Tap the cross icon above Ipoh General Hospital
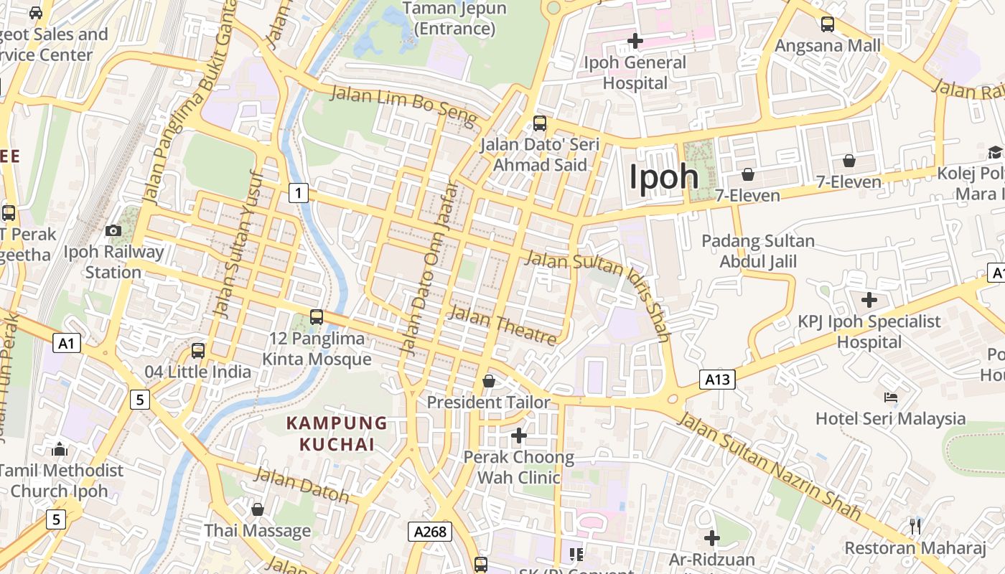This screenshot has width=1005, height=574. click(x=635, y=40)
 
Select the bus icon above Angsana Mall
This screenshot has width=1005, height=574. click(x=828, y=24)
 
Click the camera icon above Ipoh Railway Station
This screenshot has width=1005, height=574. click(x=113, y=230)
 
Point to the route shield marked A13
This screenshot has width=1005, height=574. click(x=717, y=380)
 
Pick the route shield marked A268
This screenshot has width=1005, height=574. click(x=431, y=532)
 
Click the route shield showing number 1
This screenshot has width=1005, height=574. click(x=299, y=192)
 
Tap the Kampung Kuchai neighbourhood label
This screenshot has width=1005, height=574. click(x=337, y=433)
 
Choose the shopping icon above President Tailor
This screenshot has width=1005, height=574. click(x=489, y=381)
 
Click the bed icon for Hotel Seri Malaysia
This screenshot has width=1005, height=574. click(x=891, y=397)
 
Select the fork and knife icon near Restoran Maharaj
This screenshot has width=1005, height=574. click(x=915, y=527)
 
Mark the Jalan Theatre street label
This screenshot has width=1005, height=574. click(x=502, y=324)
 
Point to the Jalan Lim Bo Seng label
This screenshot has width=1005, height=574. click(x=403, y=105)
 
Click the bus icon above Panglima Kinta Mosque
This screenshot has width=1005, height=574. click(x=316, y=316)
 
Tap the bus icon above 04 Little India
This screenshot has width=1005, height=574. click(x=198, y=351)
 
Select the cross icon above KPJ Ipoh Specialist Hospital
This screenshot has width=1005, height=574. click(x=869, y=299)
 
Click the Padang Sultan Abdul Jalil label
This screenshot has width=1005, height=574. click(x=758, y=251)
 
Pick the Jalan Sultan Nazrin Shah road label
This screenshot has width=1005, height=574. click(x=770, y=466)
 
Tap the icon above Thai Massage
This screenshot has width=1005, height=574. click(x=258, y=509)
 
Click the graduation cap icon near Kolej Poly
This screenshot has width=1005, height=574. click(x=995, y=152)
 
